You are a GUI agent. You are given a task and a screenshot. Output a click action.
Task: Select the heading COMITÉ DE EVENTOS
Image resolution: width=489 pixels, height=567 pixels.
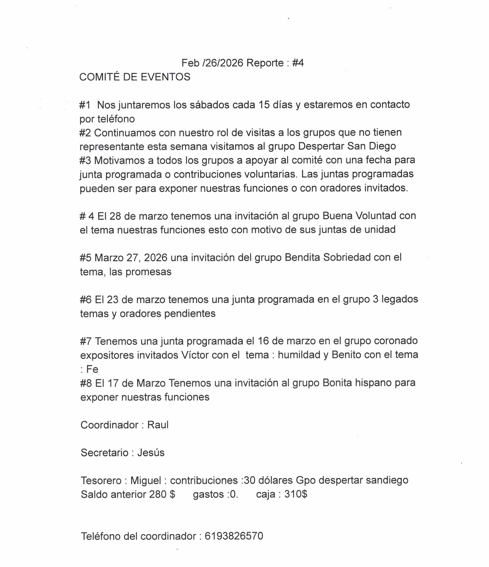[135, 77]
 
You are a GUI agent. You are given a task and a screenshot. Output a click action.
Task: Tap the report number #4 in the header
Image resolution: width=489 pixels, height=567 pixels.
[298, 63]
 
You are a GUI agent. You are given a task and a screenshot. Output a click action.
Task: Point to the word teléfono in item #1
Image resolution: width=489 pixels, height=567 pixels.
[116, 119]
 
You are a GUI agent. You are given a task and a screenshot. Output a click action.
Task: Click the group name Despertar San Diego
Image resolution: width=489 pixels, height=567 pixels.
[347, 146]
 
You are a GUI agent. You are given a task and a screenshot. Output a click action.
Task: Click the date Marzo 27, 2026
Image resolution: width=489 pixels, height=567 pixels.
[131, 258]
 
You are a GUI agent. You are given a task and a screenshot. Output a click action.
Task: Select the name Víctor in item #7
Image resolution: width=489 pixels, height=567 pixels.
[195, 355]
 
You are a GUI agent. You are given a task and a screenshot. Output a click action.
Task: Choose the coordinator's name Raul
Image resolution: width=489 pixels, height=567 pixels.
[158, 425]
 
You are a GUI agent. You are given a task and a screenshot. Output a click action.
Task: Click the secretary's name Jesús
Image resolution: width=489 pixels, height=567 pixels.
[151, 453]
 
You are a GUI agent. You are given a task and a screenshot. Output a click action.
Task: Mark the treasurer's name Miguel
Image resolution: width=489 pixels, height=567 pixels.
[145, 480]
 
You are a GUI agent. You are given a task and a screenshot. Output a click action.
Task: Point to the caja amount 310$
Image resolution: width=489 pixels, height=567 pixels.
[296, 494]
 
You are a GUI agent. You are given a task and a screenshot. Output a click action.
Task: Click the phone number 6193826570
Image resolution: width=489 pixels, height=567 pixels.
[233, 536]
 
